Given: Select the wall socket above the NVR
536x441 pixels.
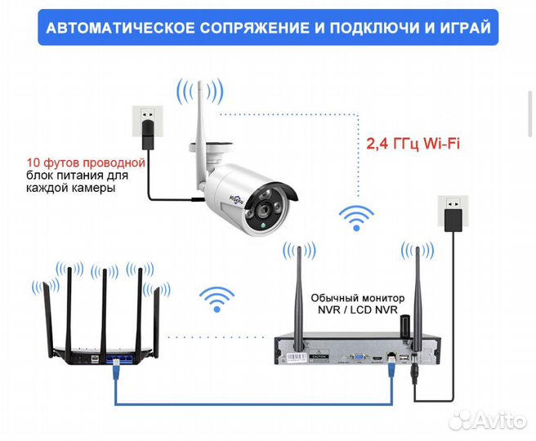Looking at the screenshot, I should (451, 204).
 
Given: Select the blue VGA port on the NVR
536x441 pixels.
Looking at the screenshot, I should (357, 356).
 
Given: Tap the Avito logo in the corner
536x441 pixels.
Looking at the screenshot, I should (491, 418).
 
